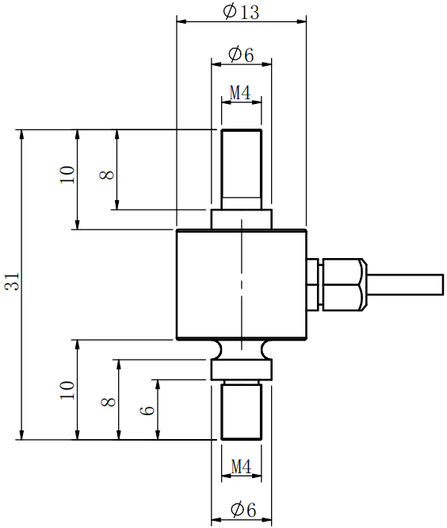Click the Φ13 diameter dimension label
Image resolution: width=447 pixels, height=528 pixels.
(241, 11)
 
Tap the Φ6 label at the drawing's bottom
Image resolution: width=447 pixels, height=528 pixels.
(241, 510)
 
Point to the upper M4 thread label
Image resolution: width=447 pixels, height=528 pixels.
(240, 93)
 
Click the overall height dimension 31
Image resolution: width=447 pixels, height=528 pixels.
(11, 283)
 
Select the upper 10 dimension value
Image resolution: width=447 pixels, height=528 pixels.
(67, 175)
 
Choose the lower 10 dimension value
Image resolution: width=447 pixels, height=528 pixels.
(67, 389)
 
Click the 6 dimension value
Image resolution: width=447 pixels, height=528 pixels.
(147, 410)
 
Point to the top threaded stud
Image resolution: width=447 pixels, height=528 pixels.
(241, 167)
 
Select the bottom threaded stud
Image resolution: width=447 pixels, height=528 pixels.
(241, 410)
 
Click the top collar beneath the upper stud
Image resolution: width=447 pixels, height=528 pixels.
(241, 219)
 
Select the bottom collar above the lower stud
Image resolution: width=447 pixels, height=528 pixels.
(241, 369)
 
